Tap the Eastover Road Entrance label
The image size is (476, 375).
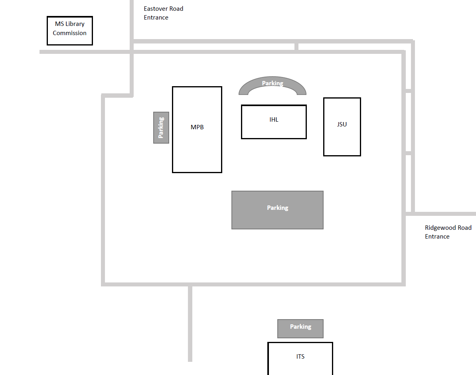pyautogui.click(x=164, y=13)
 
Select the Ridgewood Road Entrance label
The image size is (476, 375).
pyautogui.click(x=448, y=232)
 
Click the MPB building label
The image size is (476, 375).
pyautogui.click(x=197, y=127)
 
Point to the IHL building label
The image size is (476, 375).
pyautogui.click(x=274, y=119)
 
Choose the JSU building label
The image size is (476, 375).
pyautogui.click(x=342, y=124)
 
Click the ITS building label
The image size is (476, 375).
pyautogui.click(x=300, y=356)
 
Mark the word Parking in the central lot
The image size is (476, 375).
pyautogui.click(x=277, y=207)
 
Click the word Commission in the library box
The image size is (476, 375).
pyautogui.click(x=69, y=33)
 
